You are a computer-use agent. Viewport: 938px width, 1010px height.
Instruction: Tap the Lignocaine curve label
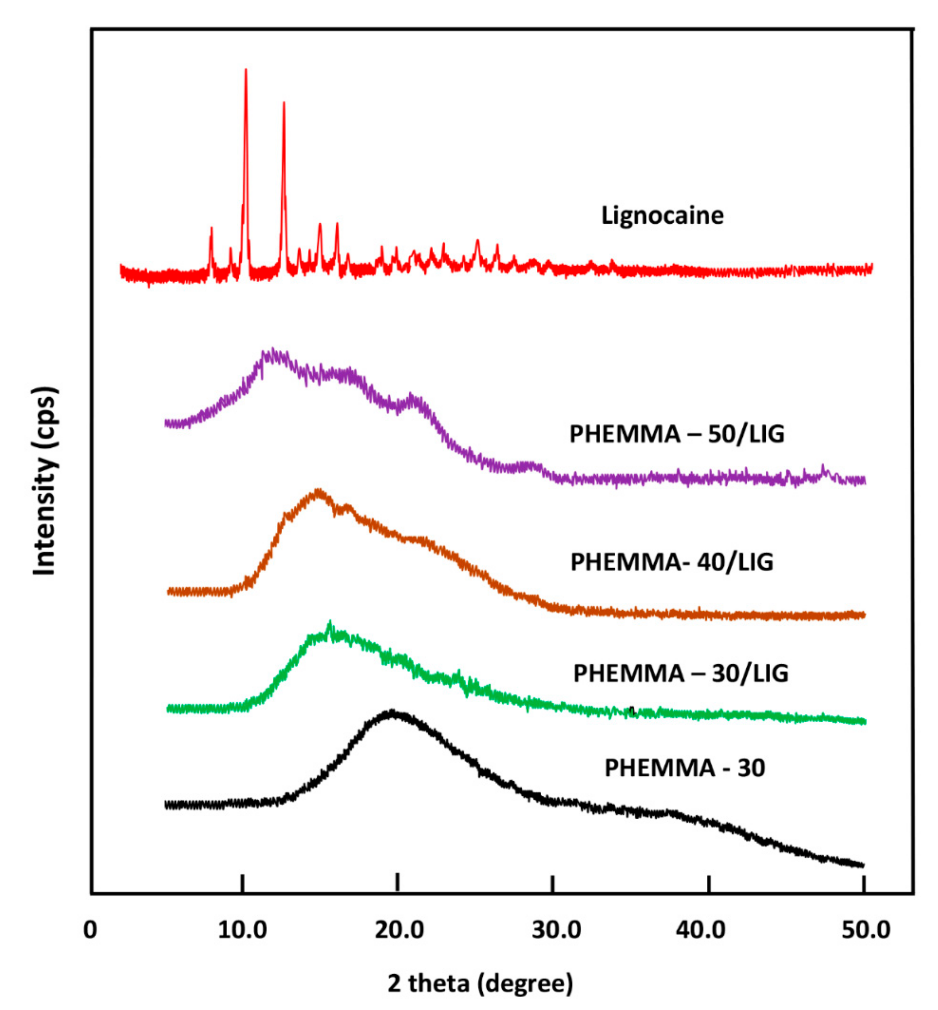(x=662, y=215)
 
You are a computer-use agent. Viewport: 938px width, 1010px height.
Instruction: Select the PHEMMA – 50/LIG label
(x=676, y=434)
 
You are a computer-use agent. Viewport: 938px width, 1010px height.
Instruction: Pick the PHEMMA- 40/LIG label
(x=672, y=562)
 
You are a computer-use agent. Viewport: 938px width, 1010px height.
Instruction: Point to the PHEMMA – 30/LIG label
(x=680, y=673)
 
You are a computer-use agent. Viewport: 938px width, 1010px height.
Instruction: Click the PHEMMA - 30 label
(x=684, y=768)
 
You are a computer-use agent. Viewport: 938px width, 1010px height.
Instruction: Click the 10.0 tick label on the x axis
(x=242, y=930)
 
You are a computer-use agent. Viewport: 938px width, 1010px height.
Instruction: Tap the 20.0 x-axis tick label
(x=399, y=930)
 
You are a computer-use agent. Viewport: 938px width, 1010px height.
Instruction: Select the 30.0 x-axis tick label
(x=556, y=930)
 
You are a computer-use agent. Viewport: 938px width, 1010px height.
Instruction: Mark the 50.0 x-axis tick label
(x=866, y=930)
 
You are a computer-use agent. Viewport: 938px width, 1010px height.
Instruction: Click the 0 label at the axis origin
(x=90, y=930)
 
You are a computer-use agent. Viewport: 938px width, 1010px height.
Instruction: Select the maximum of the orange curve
(x=318, y=491)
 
